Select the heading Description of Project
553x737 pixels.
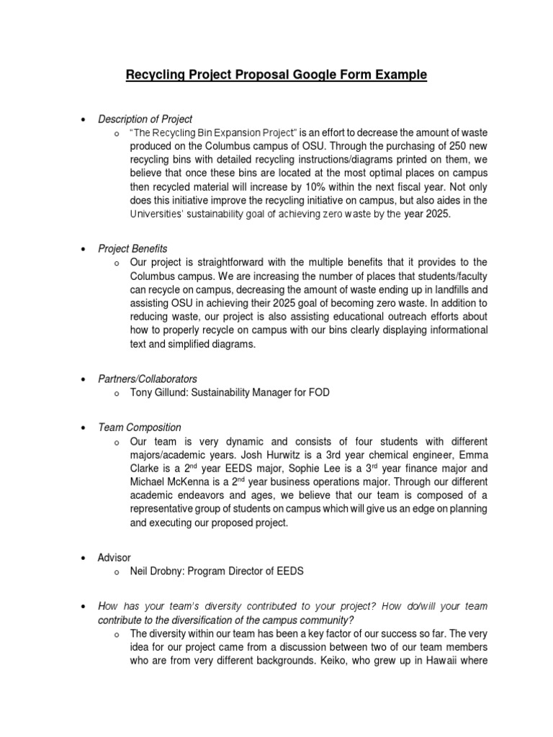[x=145, y=119]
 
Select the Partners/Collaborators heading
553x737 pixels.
[x=148, y=379]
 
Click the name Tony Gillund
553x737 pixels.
[x=158, y=393]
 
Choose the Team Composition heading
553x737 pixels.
[x=140, y=428]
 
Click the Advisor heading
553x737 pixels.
[x=114, y=558]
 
